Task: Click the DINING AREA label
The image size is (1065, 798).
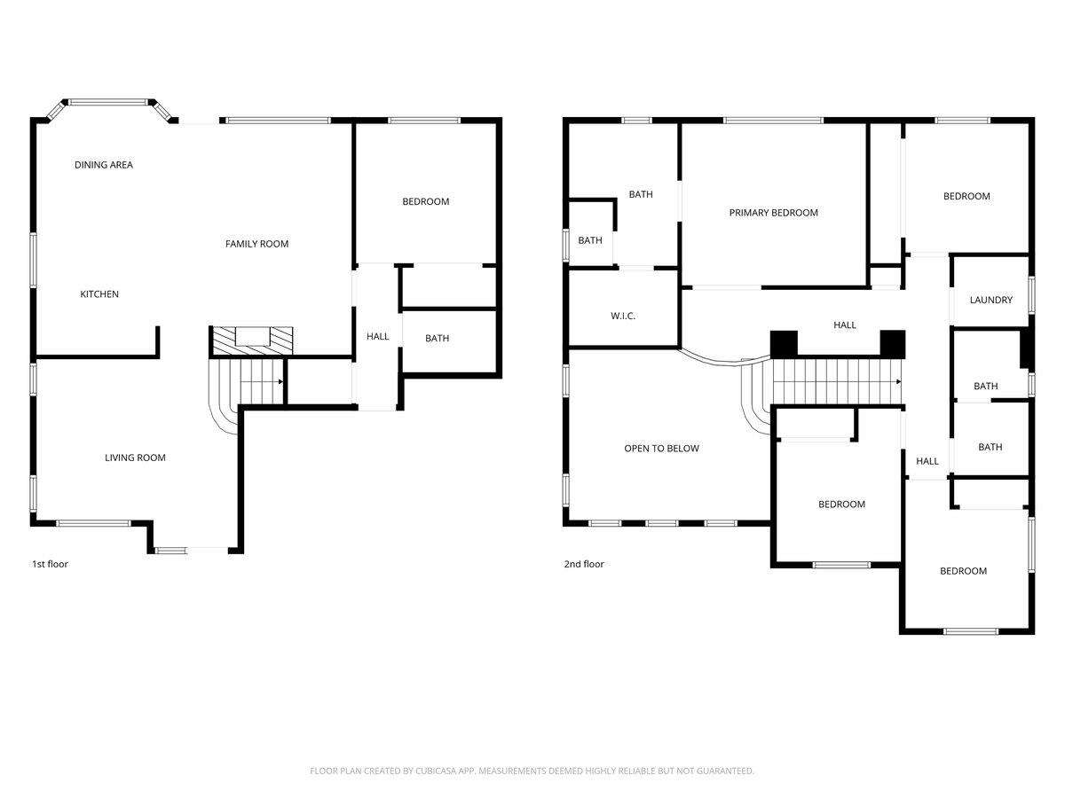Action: [104, 165]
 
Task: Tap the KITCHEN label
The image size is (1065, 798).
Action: [99, 294]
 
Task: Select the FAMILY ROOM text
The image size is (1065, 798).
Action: [256, 244]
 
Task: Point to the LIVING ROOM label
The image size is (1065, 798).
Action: [135, 458]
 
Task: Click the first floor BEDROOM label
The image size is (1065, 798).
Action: [425, 201]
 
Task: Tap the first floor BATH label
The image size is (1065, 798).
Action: [437, 338]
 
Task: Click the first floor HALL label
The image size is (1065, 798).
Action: [377, 336]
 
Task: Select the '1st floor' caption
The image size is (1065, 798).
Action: [50, 564]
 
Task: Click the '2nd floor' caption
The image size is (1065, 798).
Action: [584, 564]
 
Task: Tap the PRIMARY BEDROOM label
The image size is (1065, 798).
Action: [773, 213]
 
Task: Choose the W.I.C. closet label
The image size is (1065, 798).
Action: [622, 317]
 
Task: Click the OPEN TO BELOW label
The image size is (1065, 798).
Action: [661, 449]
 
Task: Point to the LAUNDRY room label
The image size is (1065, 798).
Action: [990, 300]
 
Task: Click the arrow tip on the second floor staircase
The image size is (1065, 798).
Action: [899, 382]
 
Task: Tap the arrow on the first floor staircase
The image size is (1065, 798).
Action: [280, 382]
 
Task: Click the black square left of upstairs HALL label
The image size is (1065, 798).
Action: [784, 343]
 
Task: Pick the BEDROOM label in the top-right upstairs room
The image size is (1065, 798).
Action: [966, 196]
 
